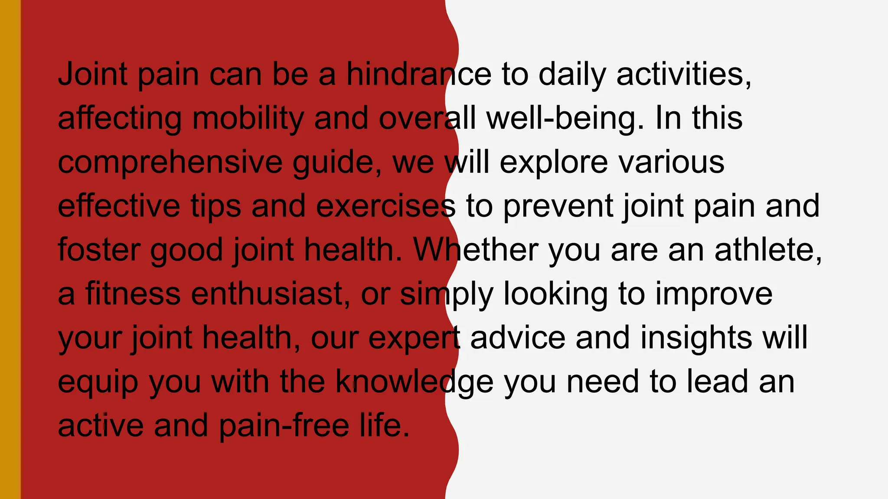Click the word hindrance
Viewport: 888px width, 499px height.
(x=418, y=74)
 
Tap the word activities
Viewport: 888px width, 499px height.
(x=683, y=74)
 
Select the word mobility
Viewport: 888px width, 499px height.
(x=248, y=118)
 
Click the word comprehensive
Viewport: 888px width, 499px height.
(x=170, y=162)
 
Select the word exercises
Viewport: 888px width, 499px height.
(x=386, y=206)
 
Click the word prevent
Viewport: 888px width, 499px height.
(x=558, y=206)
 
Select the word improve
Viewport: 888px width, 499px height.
(x=714, y=294)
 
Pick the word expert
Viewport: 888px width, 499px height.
(x=414, y=338)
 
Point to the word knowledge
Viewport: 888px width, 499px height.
(x=415, y=382)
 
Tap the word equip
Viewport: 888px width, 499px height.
(x=98, y=382)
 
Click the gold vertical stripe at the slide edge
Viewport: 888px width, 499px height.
(x=10, y=249)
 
